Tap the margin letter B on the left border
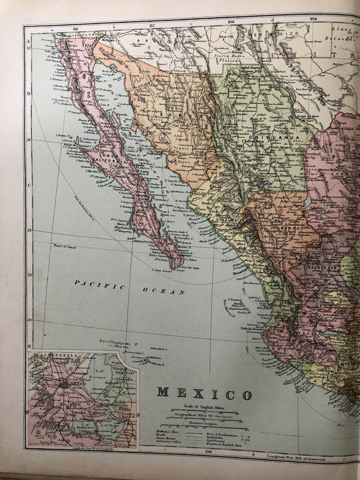pyautogui.click(x=28, y=93)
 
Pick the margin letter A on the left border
pyautogui.click(x=28, y=41)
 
